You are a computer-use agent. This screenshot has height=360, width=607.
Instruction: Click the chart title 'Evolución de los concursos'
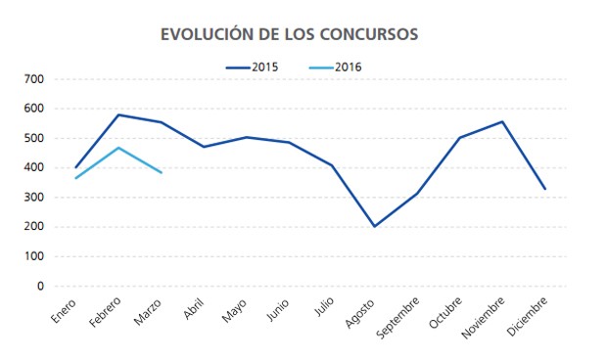289,34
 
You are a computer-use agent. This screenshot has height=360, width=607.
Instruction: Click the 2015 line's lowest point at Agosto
374,226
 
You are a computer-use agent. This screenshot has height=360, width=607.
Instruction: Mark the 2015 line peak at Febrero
118,114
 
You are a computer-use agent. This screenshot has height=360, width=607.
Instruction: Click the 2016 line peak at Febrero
118,148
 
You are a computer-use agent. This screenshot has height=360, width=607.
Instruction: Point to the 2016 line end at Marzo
161,172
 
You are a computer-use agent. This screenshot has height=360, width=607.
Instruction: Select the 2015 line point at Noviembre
502,121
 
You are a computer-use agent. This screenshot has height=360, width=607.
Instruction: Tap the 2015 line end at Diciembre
544,189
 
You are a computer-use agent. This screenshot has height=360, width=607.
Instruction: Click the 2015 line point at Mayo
246,137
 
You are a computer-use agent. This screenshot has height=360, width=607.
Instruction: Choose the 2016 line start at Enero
75,178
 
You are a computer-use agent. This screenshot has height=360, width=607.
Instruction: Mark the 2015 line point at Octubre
459,138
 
